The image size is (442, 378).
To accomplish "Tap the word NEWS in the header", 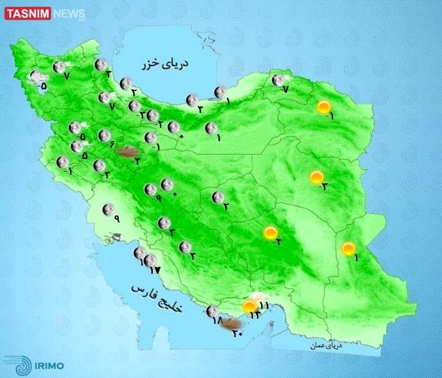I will (69, 13).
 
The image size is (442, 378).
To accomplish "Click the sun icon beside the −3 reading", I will (316, 177).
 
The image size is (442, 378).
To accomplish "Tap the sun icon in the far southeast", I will (348, 249).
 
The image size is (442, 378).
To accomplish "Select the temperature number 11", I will (264, 305).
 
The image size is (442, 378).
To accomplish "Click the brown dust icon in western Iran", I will (127, 152).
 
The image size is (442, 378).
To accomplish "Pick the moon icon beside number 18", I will (212, 311).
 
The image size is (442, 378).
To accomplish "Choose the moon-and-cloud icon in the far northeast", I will (279, 80).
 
